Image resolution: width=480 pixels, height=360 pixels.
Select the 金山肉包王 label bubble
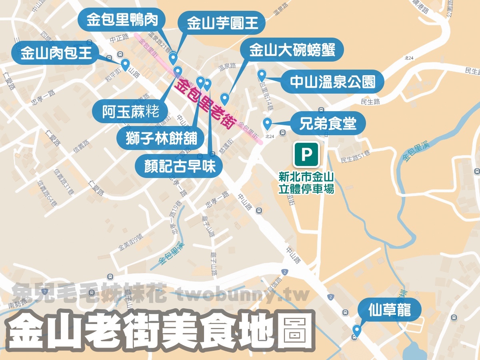[56, 53]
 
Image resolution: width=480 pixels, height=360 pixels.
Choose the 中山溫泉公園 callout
[332, 82]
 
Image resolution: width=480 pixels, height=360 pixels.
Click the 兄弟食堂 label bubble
[328, 123]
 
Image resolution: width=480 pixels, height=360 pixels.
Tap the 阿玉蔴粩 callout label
[130, 111]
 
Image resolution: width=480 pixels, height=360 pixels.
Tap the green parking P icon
[306, 154]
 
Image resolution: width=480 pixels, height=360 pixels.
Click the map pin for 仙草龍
[356, 330]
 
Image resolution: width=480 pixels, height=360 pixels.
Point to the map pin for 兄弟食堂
[267, 123]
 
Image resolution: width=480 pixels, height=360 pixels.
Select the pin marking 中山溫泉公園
[262, 74]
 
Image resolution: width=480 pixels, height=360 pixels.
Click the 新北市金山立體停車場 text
[306, 182]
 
